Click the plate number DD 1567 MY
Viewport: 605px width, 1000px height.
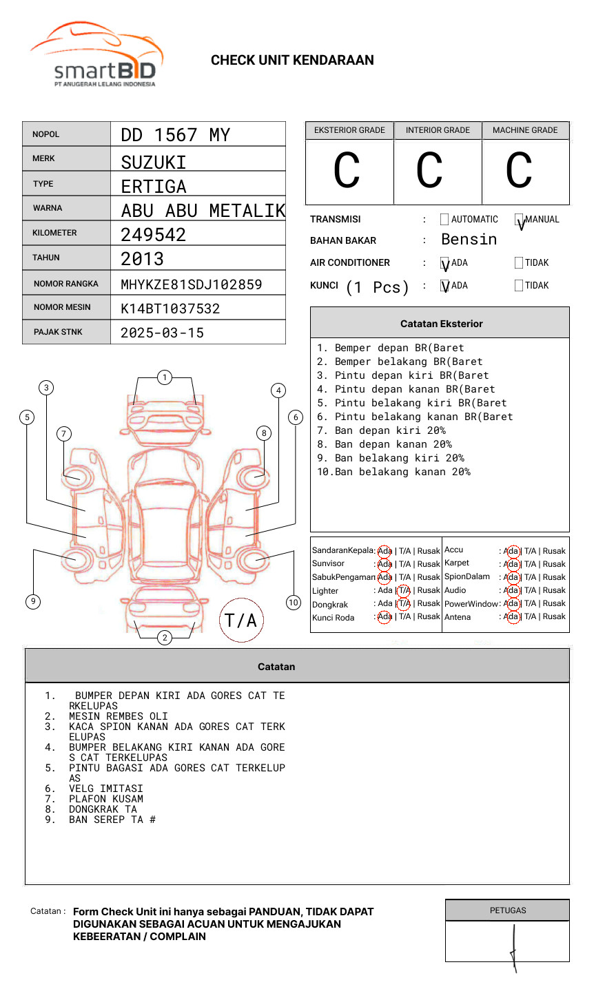[x=175, y=135]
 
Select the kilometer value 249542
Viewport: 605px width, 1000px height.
[x=153, y=235]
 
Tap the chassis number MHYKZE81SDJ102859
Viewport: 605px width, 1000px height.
[x=191, y=284]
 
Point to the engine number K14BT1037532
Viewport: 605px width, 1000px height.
[x=170, y=309]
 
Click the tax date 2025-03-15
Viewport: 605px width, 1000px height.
[x=162, y=333]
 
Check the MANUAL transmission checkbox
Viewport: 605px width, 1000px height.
[x=519, y=220]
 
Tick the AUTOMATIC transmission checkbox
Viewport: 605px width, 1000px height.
[x=444, y=220]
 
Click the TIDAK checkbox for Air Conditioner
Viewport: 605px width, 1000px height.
[x=519, y=262]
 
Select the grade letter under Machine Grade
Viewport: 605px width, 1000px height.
[x=519, y=171]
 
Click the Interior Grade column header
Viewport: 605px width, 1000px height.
[x=438, y=130]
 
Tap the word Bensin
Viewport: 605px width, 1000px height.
[x=469, y=240]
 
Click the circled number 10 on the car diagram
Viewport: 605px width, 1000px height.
[x=294, y=603]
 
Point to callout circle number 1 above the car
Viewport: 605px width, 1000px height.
[x=164, y=377]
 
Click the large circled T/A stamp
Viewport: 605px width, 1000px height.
[x=241, y=620]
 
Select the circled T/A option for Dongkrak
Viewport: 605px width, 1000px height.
[x=404, y=604]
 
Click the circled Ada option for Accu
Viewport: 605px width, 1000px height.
[x=511, y=551]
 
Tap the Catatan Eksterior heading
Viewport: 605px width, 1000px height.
[x=441, y=324]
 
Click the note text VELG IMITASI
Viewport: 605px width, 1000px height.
[x=106, y=789]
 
